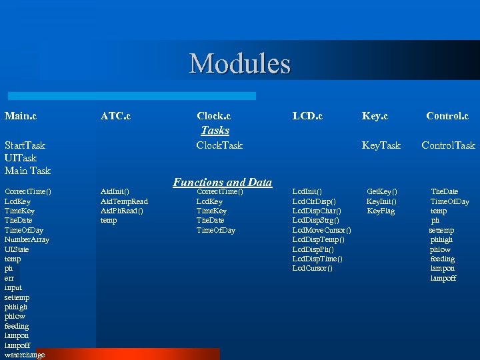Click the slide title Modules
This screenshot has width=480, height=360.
(x=240, y=64)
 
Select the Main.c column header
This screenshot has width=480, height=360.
(x=21, y=116)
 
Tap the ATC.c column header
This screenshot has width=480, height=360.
(x=115, y=116)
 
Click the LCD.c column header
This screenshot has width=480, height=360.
(x=307, y=116)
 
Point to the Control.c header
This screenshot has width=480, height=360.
(x=447, y=116)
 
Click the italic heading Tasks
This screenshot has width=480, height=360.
(x=215, y=131)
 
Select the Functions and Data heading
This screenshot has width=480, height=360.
(x=222, y=182)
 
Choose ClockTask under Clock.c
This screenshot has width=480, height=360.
(x=219, y=145)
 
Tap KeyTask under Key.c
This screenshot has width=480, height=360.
(x=381, y=145)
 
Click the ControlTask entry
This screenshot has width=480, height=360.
(x=448, y=145)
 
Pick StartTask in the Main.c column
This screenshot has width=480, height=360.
(x=25, y=145)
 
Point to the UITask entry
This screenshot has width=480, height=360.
(x=20, y=158)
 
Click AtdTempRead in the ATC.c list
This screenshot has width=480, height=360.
(x=124, y=201)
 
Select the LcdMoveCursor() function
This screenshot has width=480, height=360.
(x=322, y=230)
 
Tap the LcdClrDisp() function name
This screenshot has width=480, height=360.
(x=314, y=201)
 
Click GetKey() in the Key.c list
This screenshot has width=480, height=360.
(x=382, y=192)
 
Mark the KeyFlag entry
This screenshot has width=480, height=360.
(x=381, y=211)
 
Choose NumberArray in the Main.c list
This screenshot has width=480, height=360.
(x=26, y=239)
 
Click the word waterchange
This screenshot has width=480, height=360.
(x=25, y=355)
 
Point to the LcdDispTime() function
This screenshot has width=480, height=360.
(x=318, y=259)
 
